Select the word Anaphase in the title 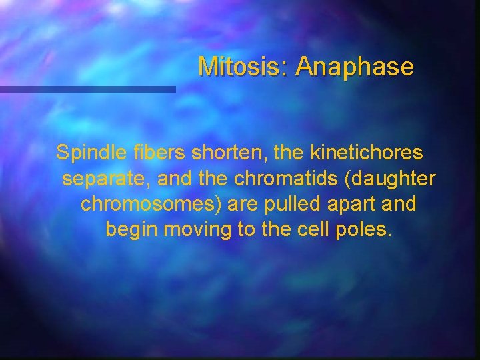pos(355,67)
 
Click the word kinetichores pos(366,153)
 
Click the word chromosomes pos(150,204)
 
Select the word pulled pos(287,204)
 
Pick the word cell pos(318,230)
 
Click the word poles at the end pos(367,230)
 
